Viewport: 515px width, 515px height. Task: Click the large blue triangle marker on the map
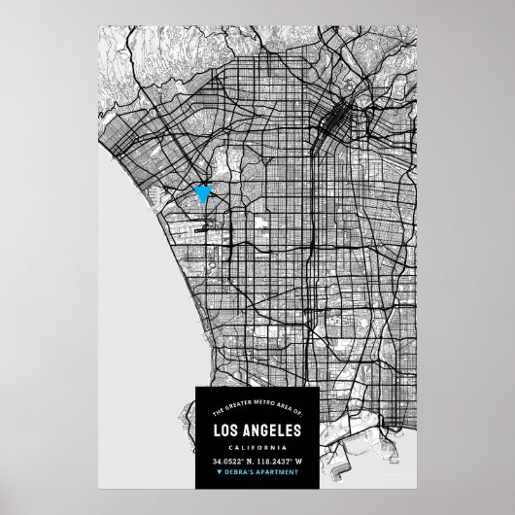point(203,192)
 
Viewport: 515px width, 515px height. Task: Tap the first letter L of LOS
point(216,429)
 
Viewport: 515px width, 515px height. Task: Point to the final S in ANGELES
point(298,429)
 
